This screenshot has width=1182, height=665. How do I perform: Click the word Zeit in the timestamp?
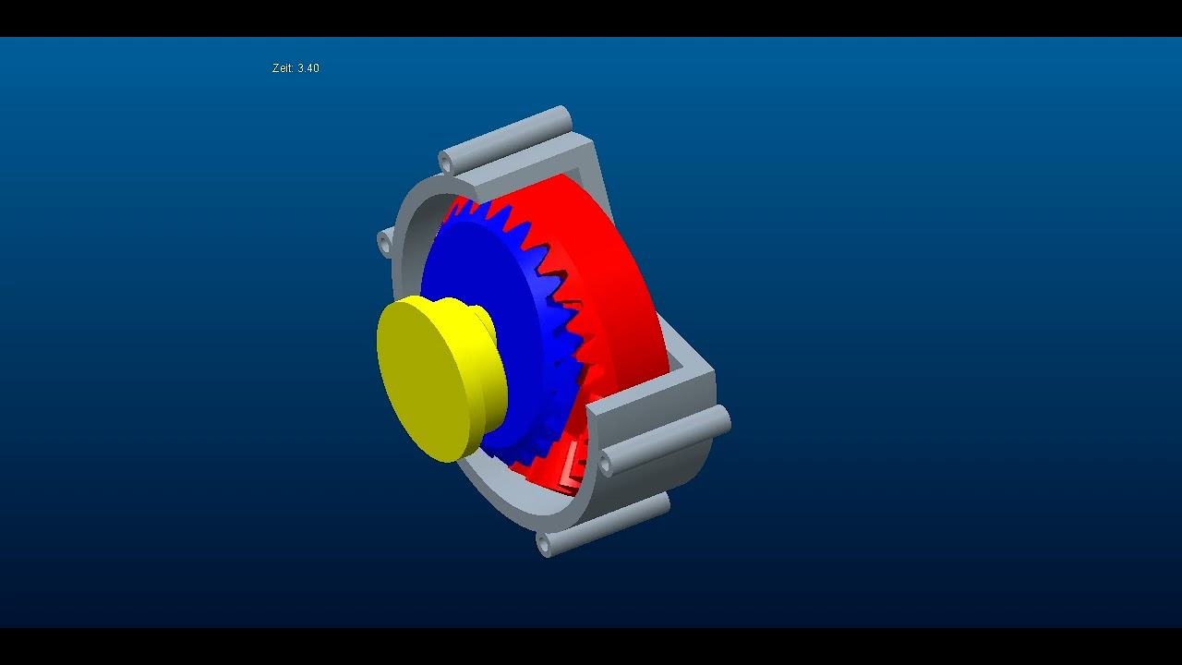coord(283,68)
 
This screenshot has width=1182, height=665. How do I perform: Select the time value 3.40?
coord(308,68)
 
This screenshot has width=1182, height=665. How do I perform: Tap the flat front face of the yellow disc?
coord(427,379)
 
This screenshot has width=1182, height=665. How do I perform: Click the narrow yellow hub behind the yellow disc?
coord(484,323)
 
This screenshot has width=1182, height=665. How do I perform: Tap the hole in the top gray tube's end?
coord(446,163)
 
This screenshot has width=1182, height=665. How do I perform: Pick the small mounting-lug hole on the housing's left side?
coord(384,243)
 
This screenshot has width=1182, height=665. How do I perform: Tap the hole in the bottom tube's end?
coord(543,546)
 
